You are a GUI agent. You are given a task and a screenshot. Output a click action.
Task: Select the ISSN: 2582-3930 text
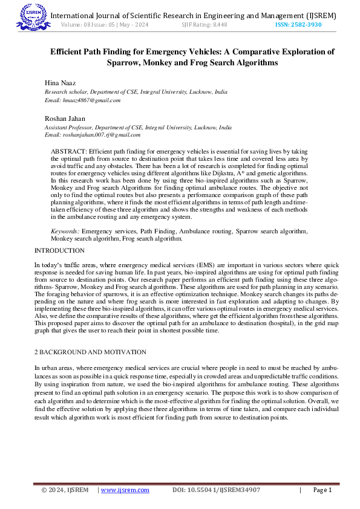click(x=298, y=25)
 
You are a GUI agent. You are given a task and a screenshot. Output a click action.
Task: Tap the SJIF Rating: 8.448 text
click(x=205, y=25)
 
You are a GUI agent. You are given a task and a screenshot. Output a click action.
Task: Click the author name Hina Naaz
click(x=59, y=82)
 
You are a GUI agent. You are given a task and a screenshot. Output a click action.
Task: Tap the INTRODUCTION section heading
click(x=59, y=250)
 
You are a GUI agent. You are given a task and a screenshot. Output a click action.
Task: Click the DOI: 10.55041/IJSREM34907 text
click(x=217, y=490)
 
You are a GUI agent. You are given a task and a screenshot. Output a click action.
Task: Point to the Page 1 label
click(x=322, y=490)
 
